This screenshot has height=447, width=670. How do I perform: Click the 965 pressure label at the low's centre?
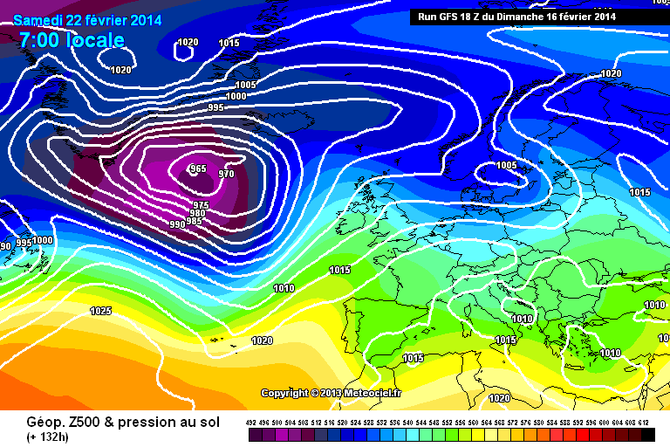(198, 168)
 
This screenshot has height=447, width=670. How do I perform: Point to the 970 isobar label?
(226, 174)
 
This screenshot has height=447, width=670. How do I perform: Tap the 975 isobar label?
(201, 204)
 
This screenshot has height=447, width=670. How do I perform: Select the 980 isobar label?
(197, 213)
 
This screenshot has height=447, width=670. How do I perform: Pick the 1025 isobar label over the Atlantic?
(100, 311)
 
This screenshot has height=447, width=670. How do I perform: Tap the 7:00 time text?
(38, 40)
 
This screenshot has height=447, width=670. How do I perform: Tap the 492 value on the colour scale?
(251, 422)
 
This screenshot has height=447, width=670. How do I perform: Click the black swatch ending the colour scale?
(646, 434)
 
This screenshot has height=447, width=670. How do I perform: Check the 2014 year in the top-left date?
(145, 20)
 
